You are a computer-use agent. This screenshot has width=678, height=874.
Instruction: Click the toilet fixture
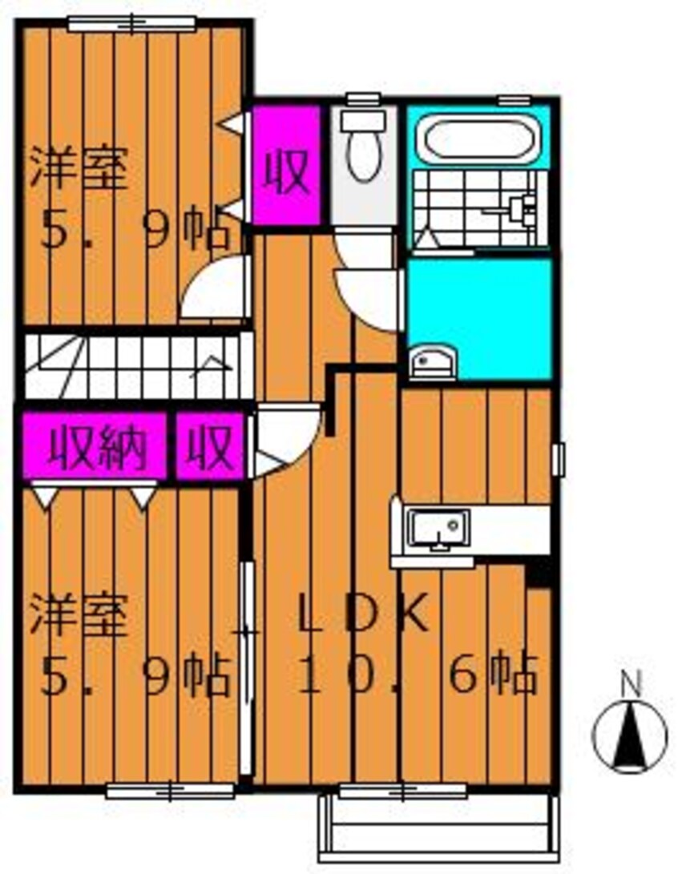click(x=364, y=147)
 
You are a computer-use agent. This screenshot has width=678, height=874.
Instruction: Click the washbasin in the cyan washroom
click(x=432, y=362)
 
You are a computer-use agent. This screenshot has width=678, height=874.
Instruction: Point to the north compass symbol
click(x=629, y=735)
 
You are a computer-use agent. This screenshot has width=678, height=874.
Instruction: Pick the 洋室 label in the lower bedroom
click(x=79, y=618)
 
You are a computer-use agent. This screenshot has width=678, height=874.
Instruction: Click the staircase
click(x=132, y=366)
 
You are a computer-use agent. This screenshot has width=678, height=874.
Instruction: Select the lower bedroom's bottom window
click(x=170, y=791)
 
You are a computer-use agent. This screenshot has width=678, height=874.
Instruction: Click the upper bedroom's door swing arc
click(x=212, y=288)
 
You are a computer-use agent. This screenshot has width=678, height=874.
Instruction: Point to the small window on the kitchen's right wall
click(x=558, y=458)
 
